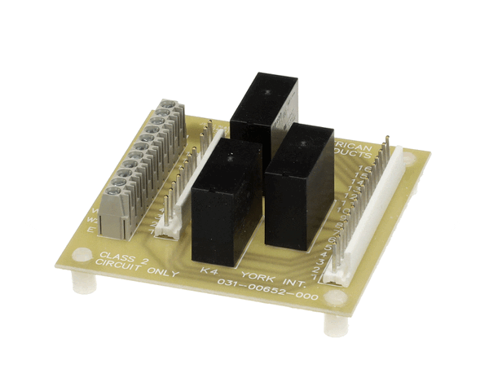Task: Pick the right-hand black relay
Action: tap(298, 187)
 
